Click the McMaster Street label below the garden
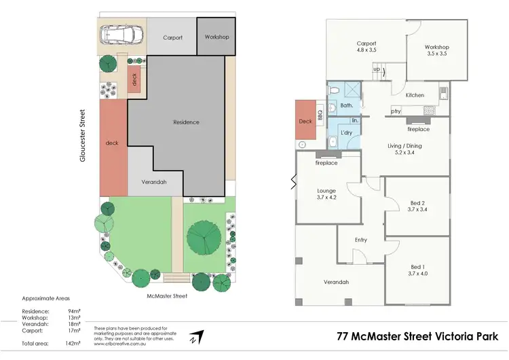coord(167,295)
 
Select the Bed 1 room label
coord(418,269)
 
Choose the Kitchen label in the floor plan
coord(415,95)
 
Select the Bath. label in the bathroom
coord(347,105)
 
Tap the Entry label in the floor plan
coord(361,240)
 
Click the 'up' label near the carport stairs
coord(377,69)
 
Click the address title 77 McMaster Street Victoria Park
coord(417,336)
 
